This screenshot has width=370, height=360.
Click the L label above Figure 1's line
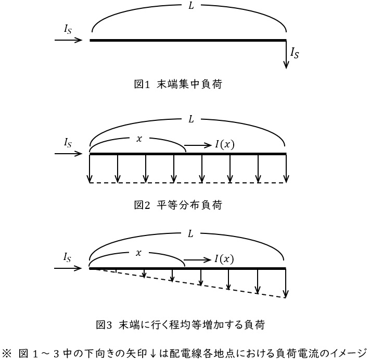coord(191,6)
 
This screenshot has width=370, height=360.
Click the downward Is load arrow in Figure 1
coord(286,55)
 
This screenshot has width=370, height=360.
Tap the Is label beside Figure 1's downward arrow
coord(295,53)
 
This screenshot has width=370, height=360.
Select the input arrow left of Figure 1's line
coord(68,40)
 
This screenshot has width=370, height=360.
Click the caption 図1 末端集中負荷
coord(178,84)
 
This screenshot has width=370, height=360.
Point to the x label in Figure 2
coord(139,139)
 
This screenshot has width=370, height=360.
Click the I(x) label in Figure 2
coord(225,144)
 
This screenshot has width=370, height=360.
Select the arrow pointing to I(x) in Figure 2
coord(198,145)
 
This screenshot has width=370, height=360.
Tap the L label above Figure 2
coord(191,119)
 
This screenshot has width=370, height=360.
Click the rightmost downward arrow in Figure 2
coord(286,168)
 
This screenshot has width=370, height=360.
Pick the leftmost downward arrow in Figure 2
coord(90,168)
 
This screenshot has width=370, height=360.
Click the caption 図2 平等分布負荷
coord(178,205)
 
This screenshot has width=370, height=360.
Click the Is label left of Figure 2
coord(68,143)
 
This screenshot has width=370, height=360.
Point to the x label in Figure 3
coord(138,253)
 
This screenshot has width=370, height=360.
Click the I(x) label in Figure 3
coord(224,259)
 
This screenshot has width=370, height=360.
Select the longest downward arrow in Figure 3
coord(286,283)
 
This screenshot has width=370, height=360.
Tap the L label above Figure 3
coord(190,234)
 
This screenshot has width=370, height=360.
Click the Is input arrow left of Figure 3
coord(68,268)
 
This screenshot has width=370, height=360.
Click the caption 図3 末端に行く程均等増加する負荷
coord(181,325)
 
